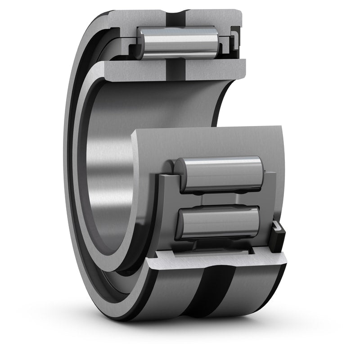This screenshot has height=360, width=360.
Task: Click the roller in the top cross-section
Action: [x=178, y=42]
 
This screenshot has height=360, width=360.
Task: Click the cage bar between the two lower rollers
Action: [x=220, y=199]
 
